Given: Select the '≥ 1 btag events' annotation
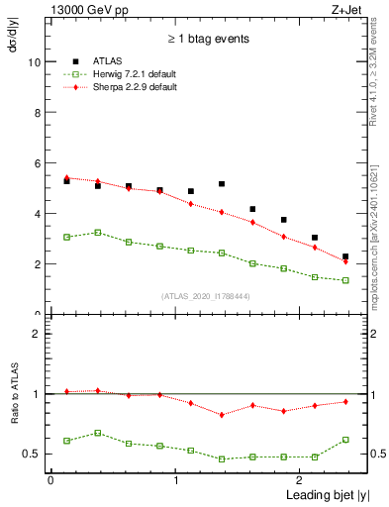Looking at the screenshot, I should [x=207, y=40].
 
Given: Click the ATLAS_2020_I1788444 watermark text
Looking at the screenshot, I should [x=207, y=295].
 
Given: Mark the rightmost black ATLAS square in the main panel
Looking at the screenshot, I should [x=345, y=256].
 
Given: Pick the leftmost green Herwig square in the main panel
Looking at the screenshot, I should [x=66, y=237].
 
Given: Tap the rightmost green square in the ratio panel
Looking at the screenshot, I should [x=345, y=440].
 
